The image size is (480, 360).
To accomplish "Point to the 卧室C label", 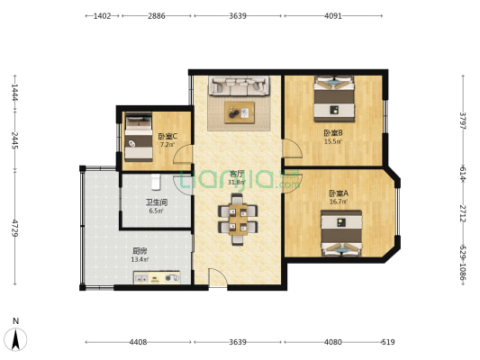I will click(x=168, y=136).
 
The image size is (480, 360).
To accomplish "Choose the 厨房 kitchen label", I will click(x=140, y=251).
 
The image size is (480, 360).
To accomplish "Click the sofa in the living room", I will click(x=240, y=87).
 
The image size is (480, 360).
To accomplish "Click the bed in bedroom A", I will click(x=342, y=232).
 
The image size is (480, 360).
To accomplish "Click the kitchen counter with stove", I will click(x=159, y=278).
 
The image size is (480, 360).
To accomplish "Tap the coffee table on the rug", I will click(x=240, y=112).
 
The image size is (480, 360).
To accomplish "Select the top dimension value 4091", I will click(x=333, y=16).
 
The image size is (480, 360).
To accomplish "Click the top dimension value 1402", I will click(x=102, y=16).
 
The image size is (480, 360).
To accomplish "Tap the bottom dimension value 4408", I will click(x=138, y=342).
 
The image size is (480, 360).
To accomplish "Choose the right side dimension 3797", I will click(x=463, y=120).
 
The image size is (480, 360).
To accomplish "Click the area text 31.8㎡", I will click(x=237, y=182).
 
